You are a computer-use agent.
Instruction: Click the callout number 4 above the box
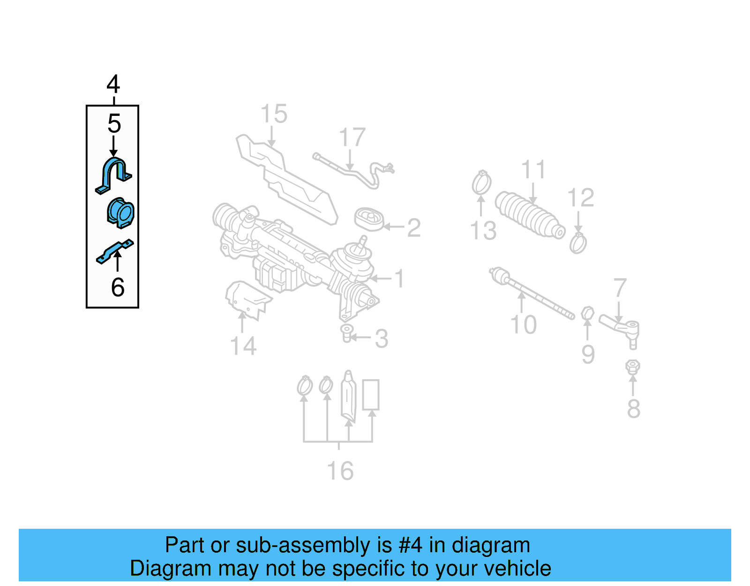point(113,85)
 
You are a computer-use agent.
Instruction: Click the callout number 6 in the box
point(118,287)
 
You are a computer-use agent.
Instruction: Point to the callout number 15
point(274,114)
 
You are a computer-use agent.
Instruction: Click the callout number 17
point(352,137)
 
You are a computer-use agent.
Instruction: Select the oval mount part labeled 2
point(369,220)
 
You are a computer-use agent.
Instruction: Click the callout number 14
point(243,346)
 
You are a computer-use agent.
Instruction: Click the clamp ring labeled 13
point(481,183)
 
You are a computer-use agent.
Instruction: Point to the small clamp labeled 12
point(578,243)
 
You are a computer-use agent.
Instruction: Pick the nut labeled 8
point(632,367)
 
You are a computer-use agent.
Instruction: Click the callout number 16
point(340,471)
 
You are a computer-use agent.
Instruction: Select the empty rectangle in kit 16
point(370,395)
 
